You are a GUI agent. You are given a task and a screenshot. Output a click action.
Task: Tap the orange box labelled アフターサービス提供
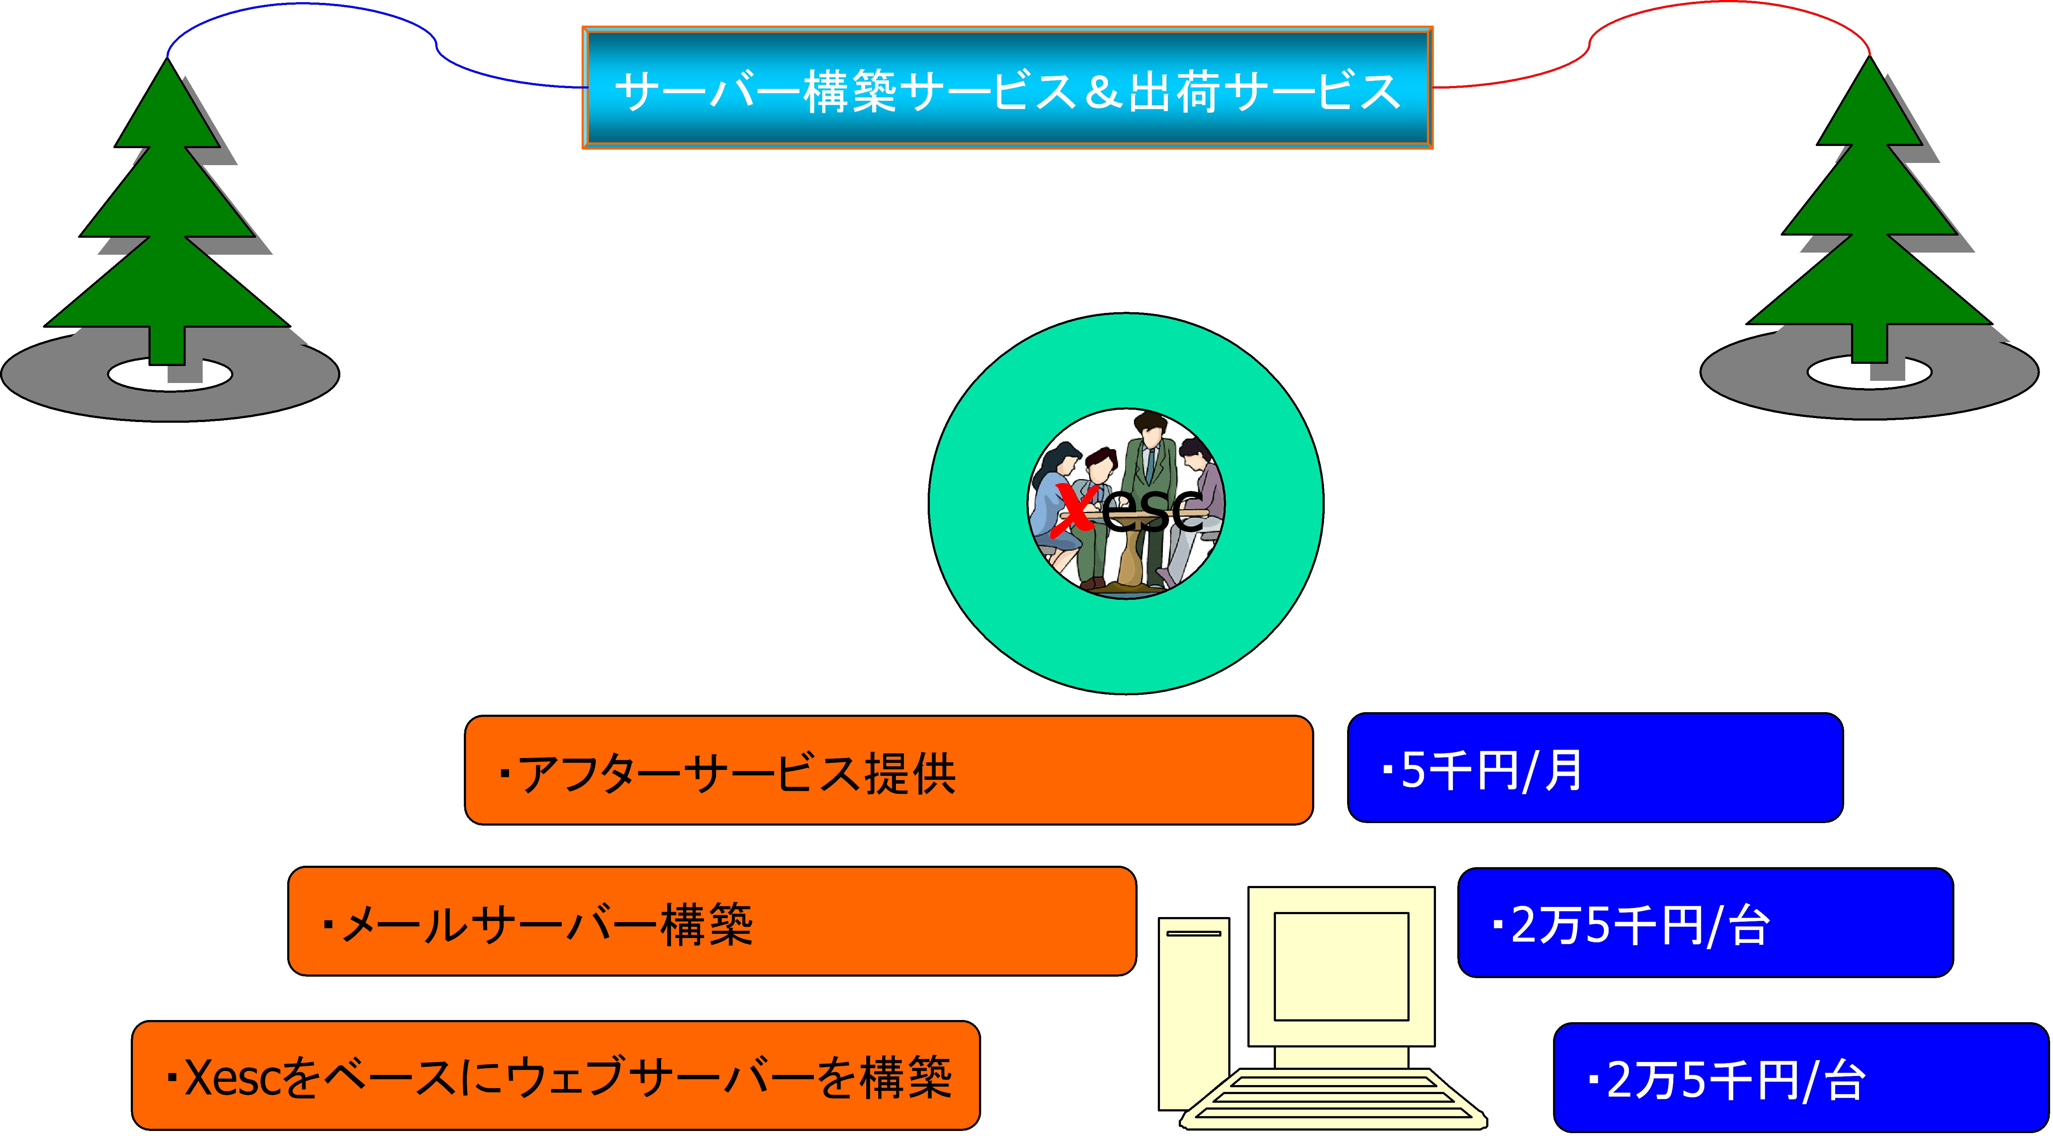[x=888, y=770]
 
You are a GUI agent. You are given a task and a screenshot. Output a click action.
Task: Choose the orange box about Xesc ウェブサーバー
[x=556, y=1075]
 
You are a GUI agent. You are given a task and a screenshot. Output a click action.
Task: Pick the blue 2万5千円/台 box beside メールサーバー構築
[x=1705, y=922]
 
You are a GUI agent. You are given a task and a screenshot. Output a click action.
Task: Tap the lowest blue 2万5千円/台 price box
[x=1800, y=1077]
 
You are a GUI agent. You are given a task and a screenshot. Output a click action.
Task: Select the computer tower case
[x=1193, y=1012]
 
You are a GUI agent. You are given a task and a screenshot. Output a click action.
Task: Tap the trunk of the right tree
[x=1869, y=343]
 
